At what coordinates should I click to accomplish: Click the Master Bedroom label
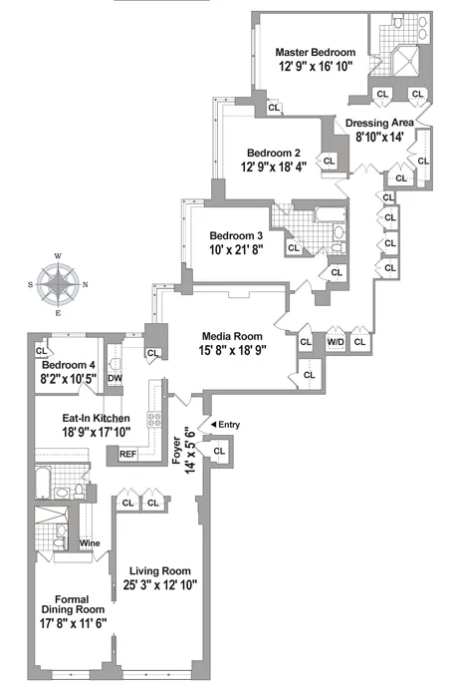[x=315, y=52]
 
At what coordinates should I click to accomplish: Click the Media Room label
[x=232, y=336]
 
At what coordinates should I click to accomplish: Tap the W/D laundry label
[x=336, y=341]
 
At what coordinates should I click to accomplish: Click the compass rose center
[x=59, y=285]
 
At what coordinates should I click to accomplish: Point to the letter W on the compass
[x=59, y=257]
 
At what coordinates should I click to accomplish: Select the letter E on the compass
[x=59, y=313]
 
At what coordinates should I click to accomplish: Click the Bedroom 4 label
[x=68, y=365]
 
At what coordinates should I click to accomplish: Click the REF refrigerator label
[x=127, y=454]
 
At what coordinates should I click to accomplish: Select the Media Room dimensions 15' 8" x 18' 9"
[x=232, y=350]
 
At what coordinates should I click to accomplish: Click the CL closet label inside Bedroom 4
[x=42, y=350]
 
